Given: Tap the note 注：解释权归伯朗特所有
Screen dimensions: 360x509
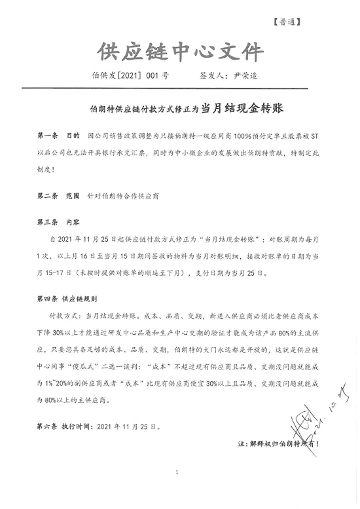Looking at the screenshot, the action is (278, 443).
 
